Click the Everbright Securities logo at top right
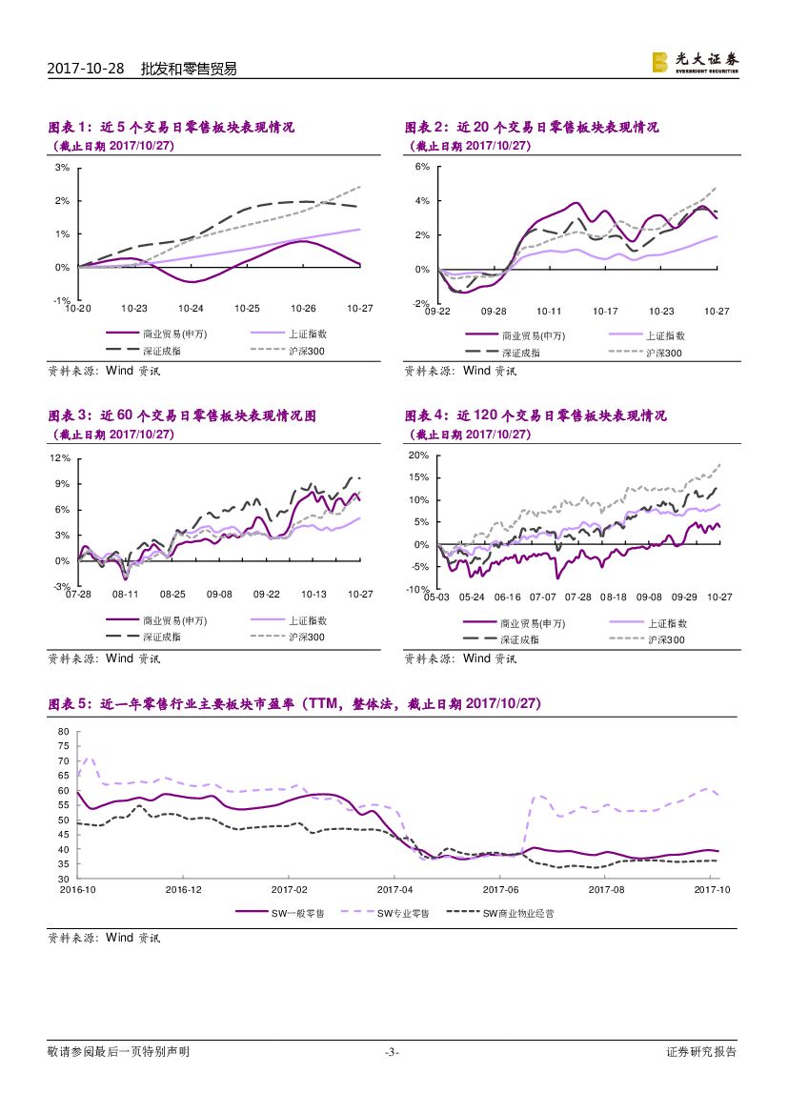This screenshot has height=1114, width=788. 695,62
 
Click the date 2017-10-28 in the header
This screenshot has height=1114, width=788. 86,69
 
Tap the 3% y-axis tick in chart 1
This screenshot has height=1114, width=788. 62,168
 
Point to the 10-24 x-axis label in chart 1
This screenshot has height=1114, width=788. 191,308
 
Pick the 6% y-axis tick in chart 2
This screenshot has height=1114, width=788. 422,167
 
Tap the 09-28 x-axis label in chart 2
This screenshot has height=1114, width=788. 494,311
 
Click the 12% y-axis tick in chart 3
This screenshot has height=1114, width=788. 60,457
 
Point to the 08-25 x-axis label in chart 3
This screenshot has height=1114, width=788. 172,594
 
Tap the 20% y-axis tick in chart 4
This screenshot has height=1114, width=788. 418,456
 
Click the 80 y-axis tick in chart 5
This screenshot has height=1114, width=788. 65,732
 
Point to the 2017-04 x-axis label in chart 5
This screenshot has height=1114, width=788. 394,889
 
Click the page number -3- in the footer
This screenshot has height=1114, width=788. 392,1052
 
